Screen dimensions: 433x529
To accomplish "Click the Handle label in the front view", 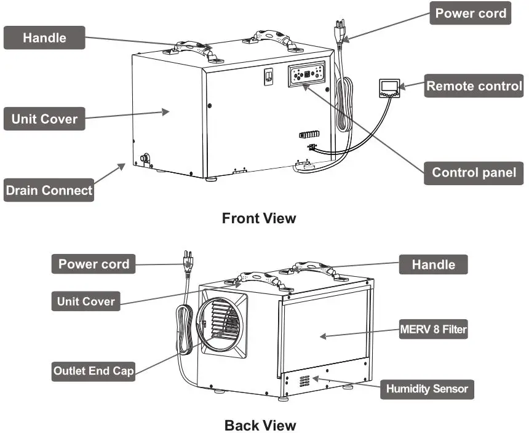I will pos(44,38).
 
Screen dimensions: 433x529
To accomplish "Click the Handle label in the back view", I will pos(434,264).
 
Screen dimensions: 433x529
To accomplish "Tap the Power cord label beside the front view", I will pos(471,13).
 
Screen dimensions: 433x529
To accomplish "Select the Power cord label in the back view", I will pos(93,264).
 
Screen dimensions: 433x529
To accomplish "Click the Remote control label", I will pos(474,86).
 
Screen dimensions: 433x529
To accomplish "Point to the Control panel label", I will pos(474,172).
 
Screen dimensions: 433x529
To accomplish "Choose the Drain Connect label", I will pos(49,190).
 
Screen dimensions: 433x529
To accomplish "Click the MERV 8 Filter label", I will pos(433,330).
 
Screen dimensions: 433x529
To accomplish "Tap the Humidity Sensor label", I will pos(427,389).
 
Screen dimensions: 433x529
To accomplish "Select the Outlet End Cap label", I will pos(93,371).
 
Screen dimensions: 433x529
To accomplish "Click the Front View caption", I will pos(258,218).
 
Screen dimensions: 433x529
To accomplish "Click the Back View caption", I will pos(260,425).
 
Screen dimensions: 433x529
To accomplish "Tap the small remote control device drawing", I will pos(389,89).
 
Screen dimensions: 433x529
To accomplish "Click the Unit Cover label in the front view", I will pos(44,119).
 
